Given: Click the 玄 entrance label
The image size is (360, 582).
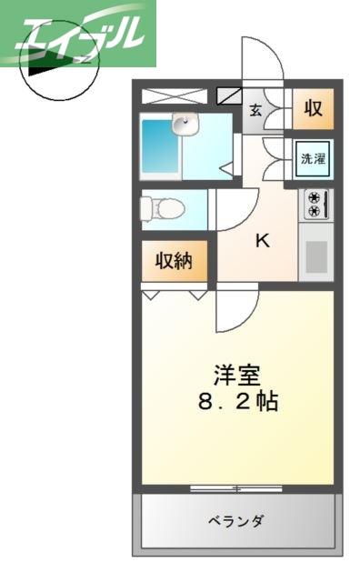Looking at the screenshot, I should (x=255, y=110).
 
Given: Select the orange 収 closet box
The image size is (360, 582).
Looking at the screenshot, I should (x=312, y=109).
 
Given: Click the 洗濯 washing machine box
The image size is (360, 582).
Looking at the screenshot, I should (x=313, y=158).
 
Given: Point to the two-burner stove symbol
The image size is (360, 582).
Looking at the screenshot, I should (x=314, y=204).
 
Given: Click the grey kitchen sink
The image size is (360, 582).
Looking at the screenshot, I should (x=315, y=256).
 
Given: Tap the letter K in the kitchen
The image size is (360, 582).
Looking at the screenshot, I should (x=262, y=242).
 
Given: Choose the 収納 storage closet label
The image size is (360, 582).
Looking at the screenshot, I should (x=174, y=262).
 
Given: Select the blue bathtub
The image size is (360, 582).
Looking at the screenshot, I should (x=160, y=146).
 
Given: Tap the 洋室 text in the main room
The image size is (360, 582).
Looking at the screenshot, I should (x=238, y=375).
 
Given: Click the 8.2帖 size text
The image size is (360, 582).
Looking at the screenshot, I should (x=238, y=401).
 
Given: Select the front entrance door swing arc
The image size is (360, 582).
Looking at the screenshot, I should (x=264, y=62).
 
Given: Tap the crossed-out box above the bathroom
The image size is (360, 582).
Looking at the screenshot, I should (x=174, y=95).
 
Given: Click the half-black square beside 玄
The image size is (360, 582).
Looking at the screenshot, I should (x=230, y=95).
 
